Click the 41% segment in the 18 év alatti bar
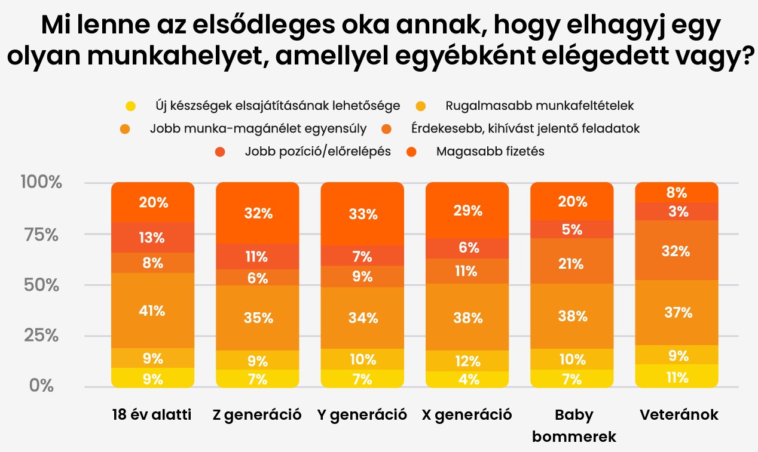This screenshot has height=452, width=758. pos(153,310)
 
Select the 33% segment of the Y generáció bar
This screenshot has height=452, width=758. pos(363,214)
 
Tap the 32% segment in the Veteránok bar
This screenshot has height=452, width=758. pos(676,251)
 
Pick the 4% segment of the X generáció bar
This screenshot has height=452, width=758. pos(467,379)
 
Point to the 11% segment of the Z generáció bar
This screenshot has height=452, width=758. pos(258,257)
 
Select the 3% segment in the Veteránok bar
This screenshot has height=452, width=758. pos(676,211)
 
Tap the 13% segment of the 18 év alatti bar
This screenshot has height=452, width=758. pos(153,237)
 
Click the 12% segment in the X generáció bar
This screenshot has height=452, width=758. pos(467,361)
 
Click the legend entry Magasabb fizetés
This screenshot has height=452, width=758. pos(490,151)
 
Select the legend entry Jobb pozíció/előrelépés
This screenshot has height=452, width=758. pos(317,151)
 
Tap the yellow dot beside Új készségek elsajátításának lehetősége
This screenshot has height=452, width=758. pos(131,106)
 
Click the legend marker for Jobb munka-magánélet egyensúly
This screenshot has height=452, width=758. pos(126,129)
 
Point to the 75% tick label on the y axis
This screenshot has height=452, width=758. pos(42,235)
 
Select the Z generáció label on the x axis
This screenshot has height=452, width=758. pos(258,414)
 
